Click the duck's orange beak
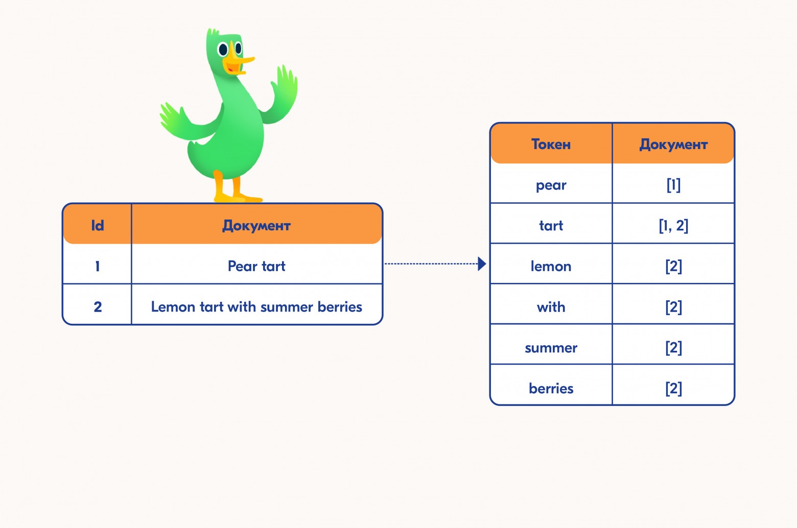point(238,62)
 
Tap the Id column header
point(97,225)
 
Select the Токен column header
point(551,144)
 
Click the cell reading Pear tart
point(256,266)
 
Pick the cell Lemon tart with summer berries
point(256,306)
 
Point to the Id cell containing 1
point(97,266)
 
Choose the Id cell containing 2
point(97,306)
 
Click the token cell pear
point(551,185)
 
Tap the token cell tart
point(551,225)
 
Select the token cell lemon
point(551,266)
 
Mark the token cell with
point(551,306)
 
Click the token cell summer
point(551,347)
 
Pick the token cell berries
point(551,388)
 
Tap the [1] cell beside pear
point(673,185)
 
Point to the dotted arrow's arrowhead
point(481,264)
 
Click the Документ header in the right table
point(673,144)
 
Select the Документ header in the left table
point(256,225)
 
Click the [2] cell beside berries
point(673,388)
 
